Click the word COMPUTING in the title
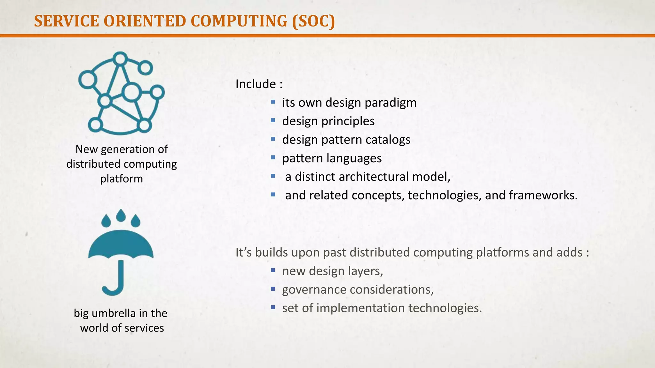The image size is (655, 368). (239, 21)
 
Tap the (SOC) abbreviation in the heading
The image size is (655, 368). (313, 21)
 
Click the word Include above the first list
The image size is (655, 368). (256, 84)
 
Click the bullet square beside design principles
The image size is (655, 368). (273, 120)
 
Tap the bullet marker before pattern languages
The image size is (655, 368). (273, 157)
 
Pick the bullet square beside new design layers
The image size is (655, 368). (273, 270)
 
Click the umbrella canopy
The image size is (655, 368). (121, 244)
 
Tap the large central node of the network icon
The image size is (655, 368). (131, 92)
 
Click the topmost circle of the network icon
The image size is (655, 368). (120, 59)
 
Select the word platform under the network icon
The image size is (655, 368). (122, 179)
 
